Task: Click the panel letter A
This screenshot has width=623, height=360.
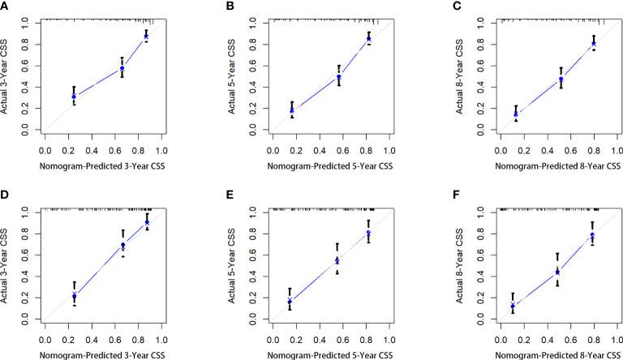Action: point(6,7)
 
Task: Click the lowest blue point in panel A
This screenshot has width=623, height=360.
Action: point(74,96)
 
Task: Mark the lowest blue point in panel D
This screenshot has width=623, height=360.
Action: point(74,296)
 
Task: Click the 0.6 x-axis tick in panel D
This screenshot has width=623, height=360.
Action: point(114,336)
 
